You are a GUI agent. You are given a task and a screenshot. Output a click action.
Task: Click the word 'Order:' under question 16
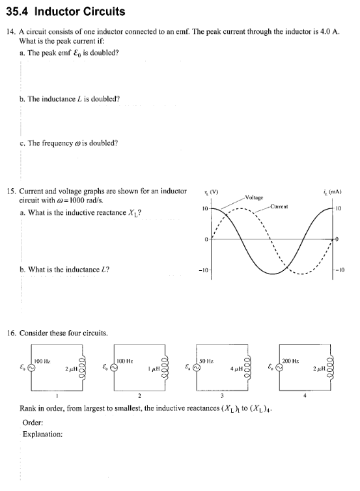tap(33, 422)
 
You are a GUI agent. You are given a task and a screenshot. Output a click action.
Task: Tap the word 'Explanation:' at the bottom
tap(42, 434)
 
